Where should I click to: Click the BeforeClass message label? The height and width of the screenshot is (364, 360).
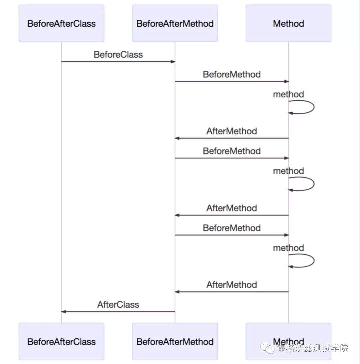pos(118,55)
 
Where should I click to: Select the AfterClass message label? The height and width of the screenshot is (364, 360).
pos(118,305)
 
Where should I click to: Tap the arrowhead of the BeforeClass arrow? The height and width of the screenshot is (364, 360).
pos(173,62)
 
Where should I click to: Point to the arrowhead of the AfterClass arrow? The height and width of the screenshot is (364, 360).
pos(64,312)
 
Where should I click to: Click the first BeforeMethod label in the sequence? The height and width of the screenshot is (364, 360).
pos(232,74)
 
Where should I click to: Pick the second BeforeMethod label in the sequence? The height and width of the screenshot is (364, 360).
pos(232,151)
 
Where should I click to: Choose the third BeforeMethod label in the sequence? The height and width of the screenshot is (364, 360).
pos(232,228)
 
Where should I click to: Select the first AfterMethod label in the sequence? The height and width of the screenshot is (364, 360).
pos(232,131)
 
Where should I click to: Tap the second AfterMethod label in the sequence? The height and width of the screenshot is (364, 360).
pos(232,208)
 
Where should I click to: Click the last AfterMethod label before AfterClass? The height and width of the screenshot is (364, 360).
pos(232,285)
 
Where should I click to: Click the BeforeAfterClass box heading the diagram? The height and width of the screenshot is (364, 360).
pos(61,23)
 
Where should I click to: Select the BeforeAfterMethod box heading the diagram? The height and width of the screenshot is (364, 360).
pos(175,23)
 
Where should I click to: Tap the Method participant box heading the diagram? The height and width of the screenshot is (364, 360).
pos(288,23)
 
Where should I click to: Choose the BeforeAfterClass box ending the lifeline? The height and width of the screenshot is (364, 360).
pos(61,341)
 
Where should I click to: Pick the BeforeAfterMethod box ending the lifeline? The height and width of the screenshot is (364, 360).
pos(175,341)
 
